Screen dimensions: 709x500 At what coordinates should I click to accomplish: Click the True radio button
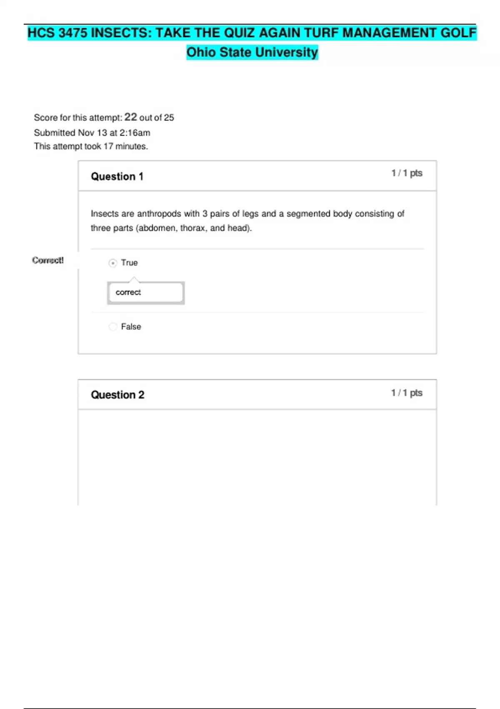(x=112, y=263)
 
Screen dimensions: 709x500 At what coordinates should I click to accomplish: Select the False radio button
(x=112, y=327)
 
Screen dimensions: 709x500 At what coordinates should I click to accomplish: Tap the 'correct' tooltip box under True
(x=145, y=292)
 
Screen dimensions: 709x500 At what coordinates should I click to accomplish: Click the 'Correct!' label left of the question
(x=48, y=260)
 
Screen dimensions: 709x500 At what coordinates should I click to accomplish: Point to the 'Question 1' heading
(x=117, y=176)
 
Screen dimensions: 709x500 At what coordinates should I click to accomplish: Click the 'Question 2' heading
(x=117, y=395)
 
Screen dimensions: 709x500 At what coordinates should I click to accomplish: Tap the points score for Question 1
(x=407, y=173)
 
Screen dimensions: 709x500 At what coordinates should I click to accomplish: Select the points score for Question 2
(x=407, y=393)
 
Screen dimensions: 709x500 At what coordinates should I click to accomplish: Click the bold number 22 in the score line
(x=130, y=117)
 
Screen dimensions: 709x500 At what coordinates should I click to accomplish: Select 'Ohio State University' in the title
(x=252, y=52)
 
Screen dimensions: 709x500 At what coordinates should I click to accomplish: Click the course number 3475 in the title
(x=73, y=33)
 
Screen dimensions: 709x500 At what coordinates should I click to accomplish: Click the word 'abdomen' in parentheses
(x=154, y=228)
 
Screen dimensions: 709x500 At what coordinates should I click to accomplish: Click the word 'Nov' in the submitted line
(x=86, y=133)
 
